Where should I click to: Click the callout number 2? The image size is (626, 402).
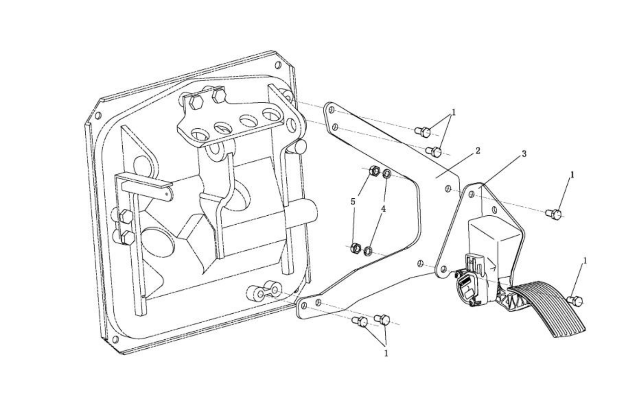point(478,150)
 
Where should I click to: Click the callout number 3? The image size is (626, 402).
point(524,154)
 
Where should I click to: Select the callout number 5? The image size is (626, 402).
point(353,202)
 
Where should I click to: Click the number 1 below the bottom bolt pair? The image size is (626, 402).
point(386,353)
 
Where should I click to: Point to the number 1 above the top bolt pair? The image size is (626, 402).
point(454,112)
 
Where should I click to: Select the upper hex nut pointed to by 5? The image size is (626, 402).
point(372,171)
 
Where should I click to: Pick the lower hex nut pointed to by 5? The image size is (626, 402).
point(355,248)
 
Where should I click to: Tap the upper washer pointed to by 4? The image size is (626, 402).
point(387,174)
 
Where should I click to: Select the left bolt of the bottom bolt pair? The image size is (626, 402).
point(360,322)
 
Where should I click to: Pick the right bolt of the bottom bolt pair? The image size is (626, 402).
point(381,318)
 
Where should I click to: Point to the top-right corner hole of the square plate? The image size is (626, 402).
point(278,66)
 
